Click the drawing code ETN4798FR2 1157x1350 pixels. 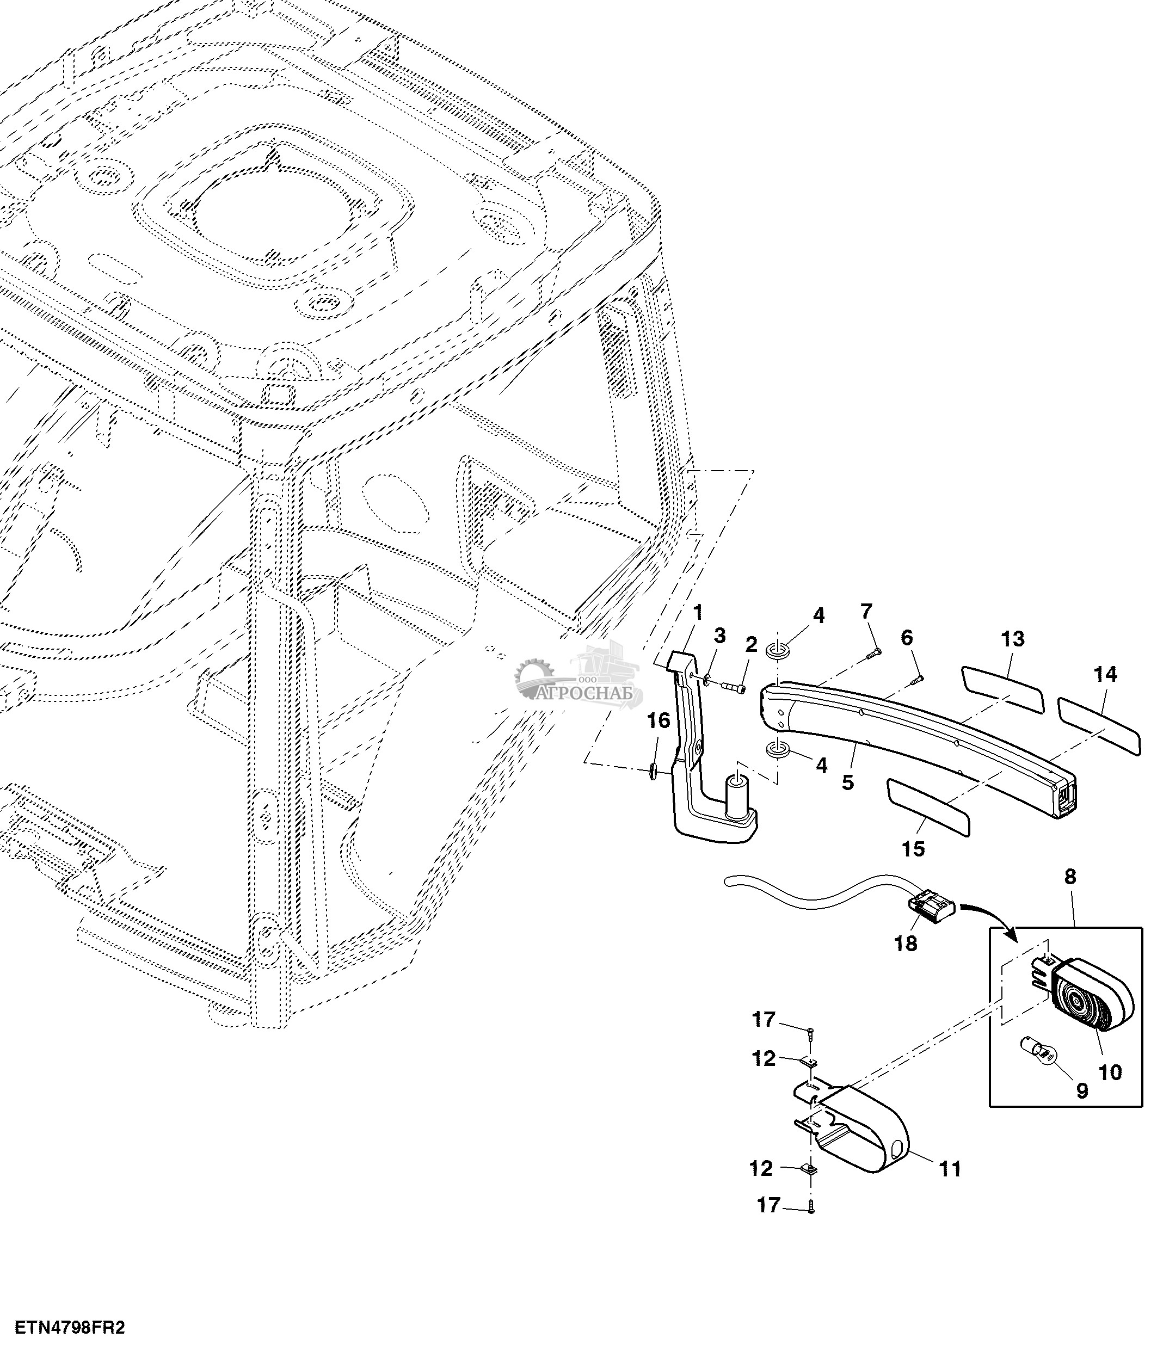tap(70, 1327)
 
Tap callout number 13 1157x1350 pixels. tap(1012, 639)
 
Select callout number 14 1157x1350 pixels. tap(1105, 674)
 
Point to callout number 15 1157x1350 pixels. tap(913, 849)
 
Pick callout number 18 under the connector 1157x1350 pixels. tap(906, 944)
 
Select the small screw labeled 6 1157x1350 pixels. tap(916, 681)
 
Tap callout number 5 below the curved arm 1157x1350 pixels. tap(847, 782)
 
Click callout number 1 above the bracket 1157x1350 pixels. tap(698, 613)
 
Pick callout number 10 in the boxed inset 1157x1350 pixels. tap(1110, 1072)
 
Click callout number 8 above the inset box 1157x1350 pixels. tap(1070, 877)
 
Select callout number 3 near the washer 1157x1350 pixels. tap(719, 636)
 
